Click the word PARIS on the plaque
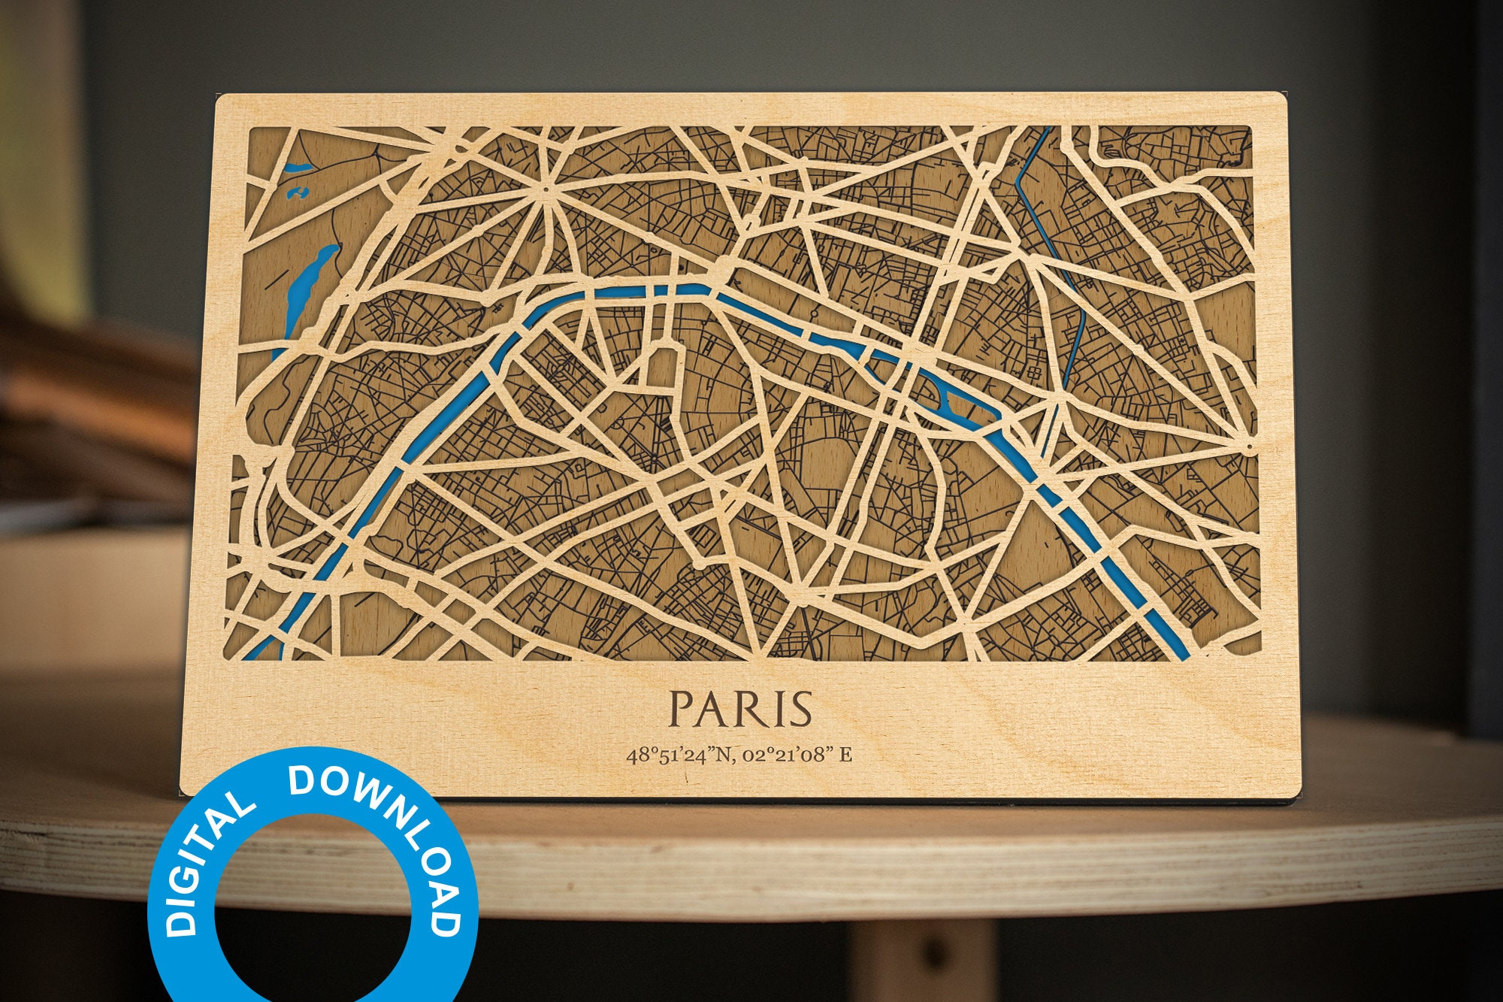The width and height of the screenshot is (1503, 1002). (x=741, y=709)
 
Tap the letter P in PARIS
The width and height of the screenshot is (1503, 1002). (x=683, y=709)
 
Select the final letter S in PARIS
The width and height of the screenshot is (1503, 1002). (x=800, y=709)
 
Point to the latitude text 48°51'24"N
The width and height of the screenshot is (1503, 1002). (x=679, y=755)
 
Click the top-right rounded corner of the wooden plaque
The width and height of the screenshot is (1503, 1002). (x=1281, y=98)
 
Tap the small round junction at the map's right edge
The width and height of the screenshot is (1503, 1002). (x=1249, y=448)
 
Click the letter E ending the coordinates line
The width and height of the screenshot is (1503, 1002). (x=845, y=755)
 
